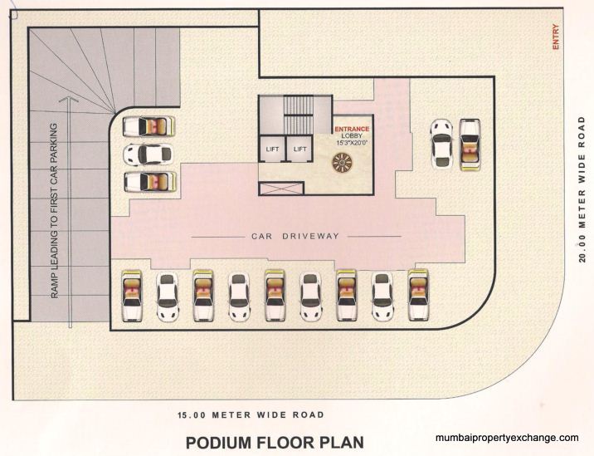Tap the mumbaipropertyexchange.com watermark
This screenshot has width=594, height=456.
click(506, 438)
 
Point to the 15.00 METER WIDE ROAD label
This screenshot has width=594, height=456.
click(250, 414)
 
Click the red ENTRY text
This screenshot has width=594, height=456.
click(556, 38)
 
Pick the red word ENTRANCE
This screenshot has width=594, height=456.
click(352, 130)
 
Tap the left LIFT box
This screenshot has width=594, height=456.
click(272, 149)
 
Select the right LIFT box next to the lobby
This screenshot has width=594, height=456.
click(299, 149)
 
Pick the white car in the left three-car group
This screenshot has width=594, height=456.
click(148, 154)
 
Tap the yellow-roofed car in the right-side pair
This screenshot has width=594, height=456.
click(470, 142)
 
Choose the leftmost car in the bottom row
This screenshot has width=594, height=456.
click(132, 296)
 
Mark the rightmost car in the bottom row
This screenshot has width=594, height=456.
click(417, 296)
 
